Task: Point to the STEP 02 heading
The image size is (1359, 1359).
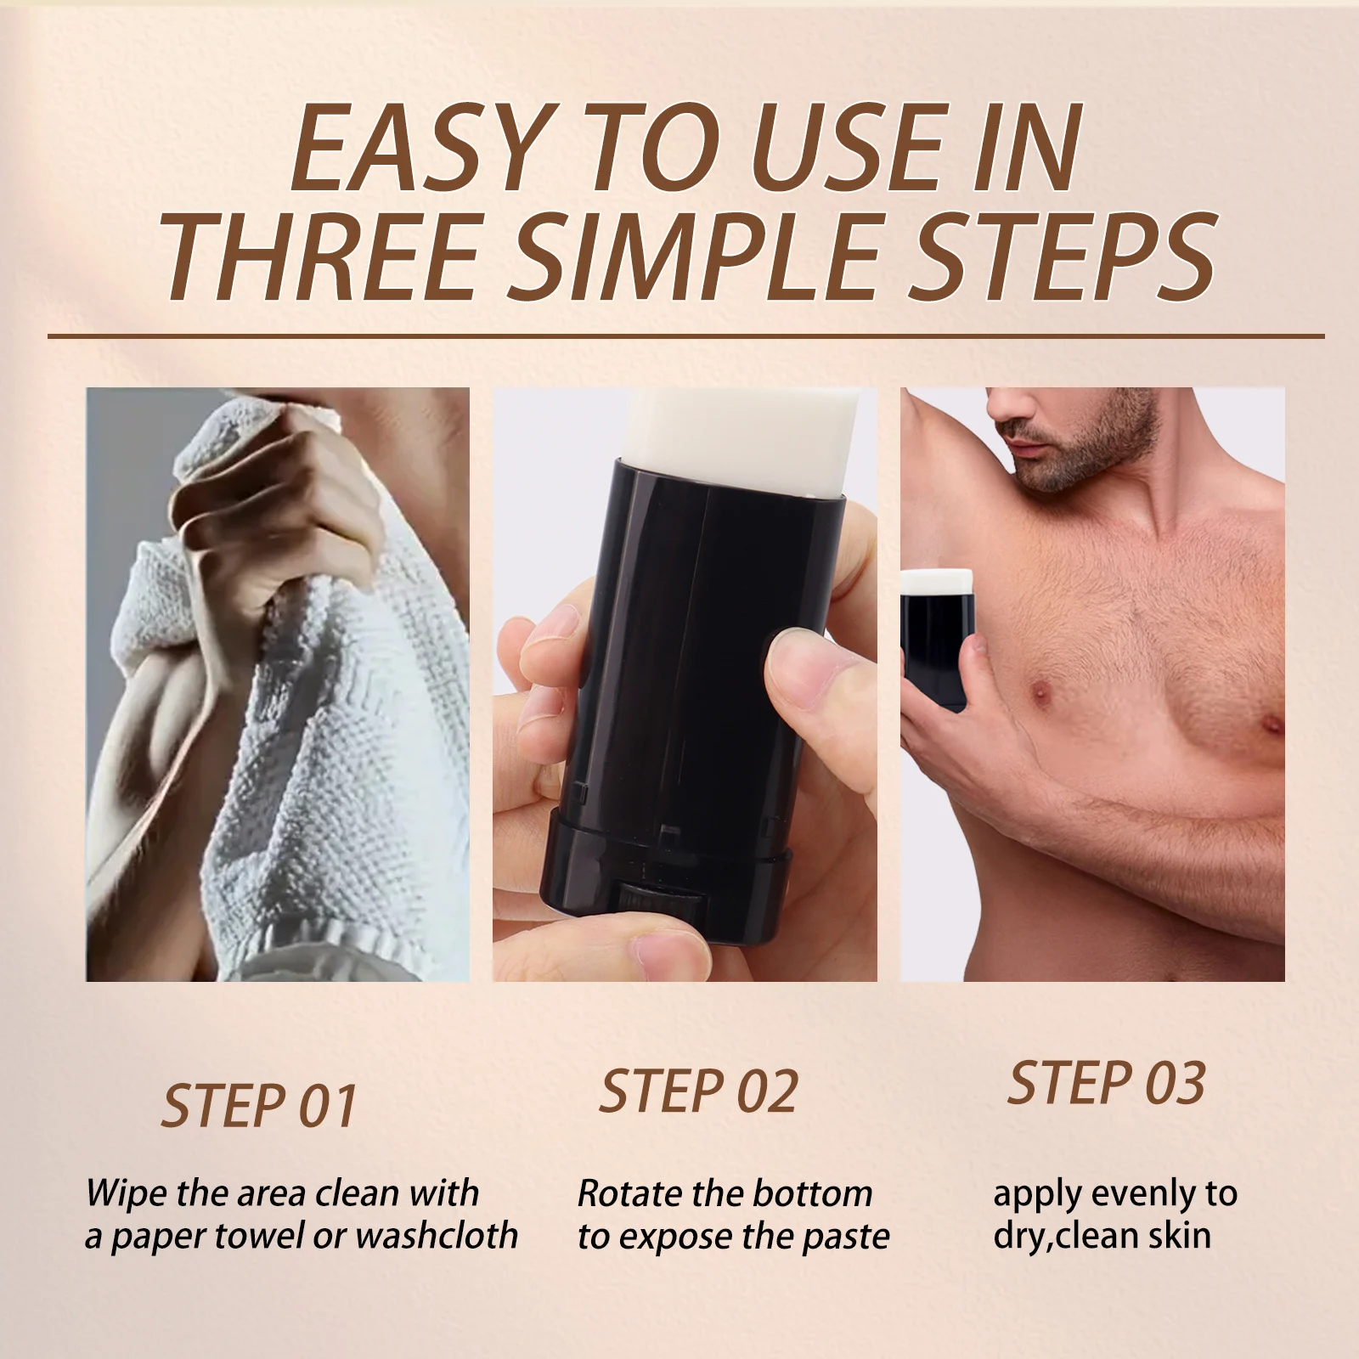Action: click(x=698, y=1091)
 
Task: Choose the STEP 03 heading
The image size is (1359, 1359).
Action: click(x=1106, y=1083)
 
